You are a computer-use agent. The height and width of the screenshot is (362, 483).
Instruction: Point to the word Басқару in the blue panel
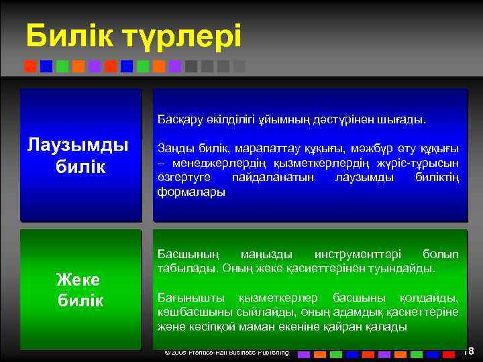tap(180, 119)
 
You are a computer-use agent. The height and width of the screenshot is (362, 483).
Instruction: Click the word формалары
tap(191, 192)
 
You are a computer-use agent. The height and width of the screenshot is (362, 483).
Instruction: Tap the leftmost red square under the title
tap(30, 66)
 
